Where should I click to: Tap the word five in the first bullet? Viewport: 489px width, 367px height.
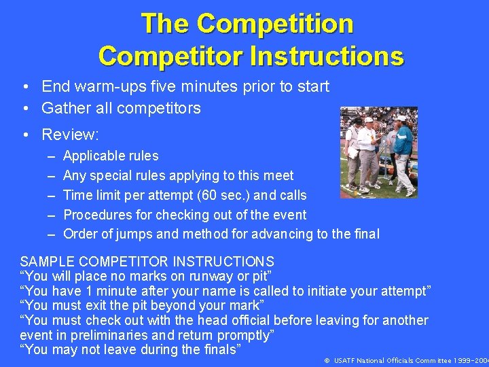(x=187, y=87)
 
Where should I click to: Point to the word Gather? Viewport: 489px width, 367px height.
(x=65, y=108)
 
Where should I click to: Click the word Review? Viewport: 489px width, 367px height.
(x=71, y=135)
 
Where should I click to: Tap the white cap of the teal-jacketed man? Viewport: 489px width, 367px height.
(x=401, y=119)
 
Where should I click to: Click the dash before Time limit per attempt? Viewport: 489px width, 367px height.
(x=52, y=196)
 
